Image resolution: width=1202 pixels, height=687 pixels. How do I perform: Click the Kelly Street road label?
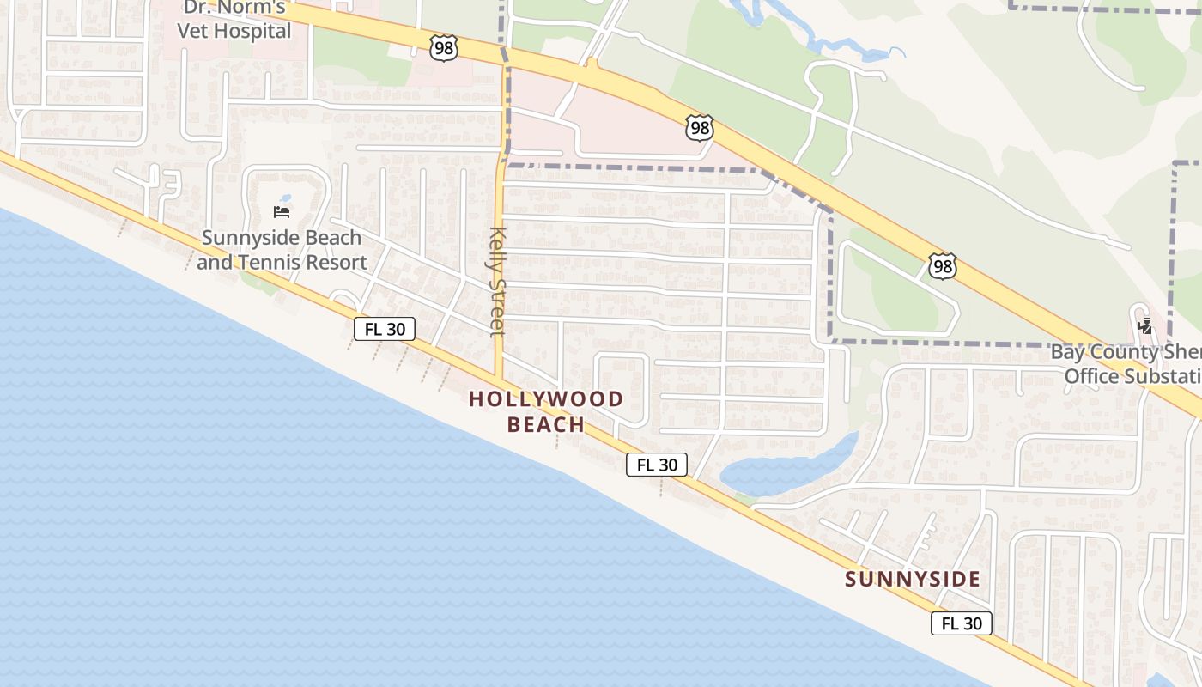pos(496,282)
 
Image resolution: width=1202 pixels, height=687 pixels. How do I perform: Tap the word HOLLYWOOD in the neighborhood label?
pos(546,399)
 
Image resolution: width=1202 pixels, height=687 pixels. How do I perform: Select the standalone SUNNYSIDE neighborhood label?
pos(912,580)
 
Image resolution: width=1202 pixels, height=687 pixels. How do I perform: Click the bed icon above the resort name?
pos(281,211)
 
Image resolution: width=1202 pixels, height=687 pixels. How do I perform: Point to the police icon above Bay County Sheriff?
pos(1144,326)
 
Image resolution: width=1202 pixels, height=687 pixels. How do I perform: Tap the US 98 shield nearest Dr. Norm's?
pos(443,48)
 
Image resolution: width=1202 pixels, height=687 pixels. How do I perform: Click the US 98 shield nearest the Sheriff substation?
pos(942,266)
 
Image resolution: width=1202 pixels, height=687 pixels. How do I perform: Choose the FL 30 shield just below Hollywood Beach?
pos(657,465)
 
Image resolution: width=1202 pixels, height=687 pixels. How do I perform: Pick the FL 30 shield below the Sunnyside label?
pos(961,623)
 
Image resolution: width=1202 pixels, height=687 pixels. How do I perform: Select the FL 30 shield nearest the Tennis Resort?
pos(385,328)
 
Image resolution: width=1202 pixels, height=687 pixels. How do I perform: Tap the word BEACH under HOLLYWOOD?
pos(546,425)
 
